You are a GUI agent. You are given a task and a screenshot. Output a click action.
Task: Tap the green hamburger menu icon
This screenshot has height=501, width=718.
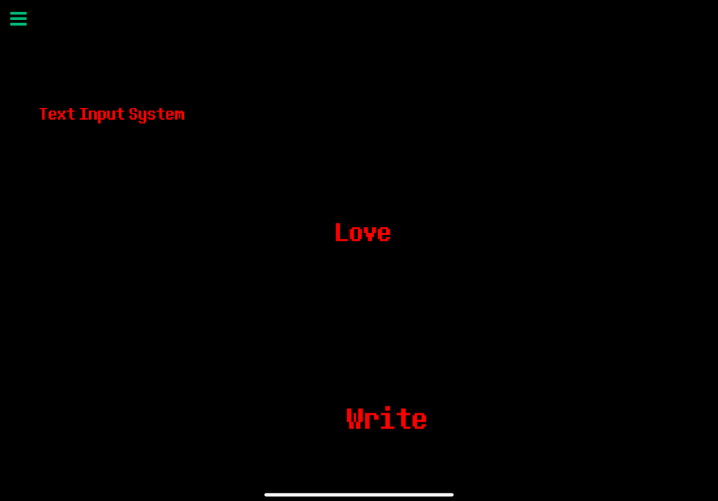pos(18,19)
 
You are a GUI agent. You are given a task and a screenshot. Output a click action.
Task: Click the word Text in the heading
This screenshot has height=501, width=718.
pos(57,114)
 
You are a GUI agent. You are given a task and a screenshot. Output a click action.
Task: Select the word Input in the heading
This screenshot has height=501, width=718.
pos(102,115)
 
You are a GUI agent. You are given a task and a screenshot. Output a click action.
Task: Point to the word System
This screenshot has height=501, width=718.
pos(157,115)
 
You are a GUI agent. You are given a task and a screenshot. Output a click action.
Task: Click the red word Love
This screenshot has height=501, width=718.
pos(363,232)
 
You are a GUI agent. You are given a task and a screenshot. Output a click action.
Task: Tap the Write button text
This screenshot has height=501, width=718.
pos(387,418)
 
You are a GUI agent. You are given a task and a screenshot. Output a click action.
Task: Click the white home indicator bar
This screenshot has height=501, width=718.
pos(359,495)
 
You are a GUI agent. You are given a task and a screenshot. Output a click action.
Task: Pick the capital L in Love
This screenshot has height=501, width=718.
pos(342,232)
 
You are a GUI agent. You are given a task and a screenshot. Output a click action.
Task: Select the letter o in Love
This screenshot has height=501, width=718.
pos(357,234)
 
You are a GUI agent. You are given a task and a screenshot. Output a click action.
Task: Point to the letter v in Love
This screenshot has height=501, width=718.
pos(370,234)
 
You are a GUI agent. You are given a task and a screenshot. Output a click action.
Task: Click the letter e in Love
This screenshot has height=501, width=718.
pos(384,234)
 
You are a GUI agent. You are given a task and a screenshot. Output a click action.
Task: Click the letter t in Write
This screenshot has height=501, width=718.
pos(403,419)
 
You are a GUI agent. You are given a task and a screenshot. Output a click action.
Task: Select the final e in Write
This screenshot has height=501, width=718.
pos(419,421)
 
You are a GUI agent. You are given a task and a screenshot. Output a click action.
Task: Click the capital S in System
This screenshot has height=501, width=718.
pos(133,114)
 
